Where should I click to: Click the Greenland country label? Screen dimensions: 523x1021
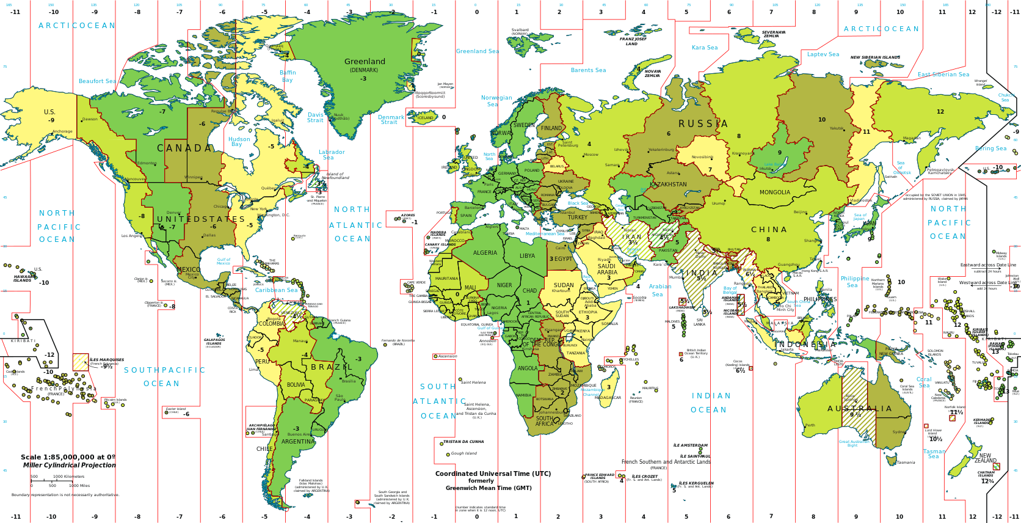(365, 62)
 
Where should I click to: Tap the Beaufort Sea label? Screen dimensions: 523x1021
(96, 81)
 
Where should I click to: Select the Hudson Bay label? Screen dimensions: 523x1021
(239, 142)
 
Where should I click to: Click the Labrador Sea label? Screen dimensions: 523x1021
(331, 155)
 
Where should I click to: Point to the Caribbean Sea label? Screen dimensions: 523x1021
(276, 290)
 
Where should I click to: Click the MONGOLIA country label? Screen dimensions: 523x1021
(774, 192)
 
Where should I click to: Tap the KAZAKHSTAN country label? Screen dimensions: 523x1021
(668, 185)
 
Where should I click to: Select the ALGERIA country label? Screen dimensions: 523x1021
(485, 253)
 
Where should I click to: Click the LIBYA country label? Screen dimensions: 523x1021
(527, 256)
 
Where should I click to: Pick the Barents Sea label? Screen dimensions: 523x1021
(588, 70)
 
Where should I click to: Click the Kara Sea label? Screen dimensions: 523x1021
(704, 48)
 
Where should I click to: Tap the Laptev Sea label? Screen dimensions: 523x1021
(823, 54)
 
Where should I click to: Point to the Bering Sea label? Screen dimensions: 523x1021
(990, 148)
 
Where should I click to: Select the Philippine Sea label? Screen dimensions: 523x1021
(854, 282)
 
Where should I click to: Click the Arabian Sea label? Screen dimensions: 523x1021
(659, 290)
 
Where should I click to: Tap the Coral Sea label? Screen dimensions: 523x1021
(923, 382)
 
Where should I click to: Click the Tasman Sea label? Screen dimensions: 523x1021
(934, 454)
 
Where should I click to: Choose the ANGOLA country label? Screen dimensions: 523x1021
(527, 368)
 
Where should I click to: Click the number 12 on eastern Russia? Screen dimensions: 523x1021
(940, 112)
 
